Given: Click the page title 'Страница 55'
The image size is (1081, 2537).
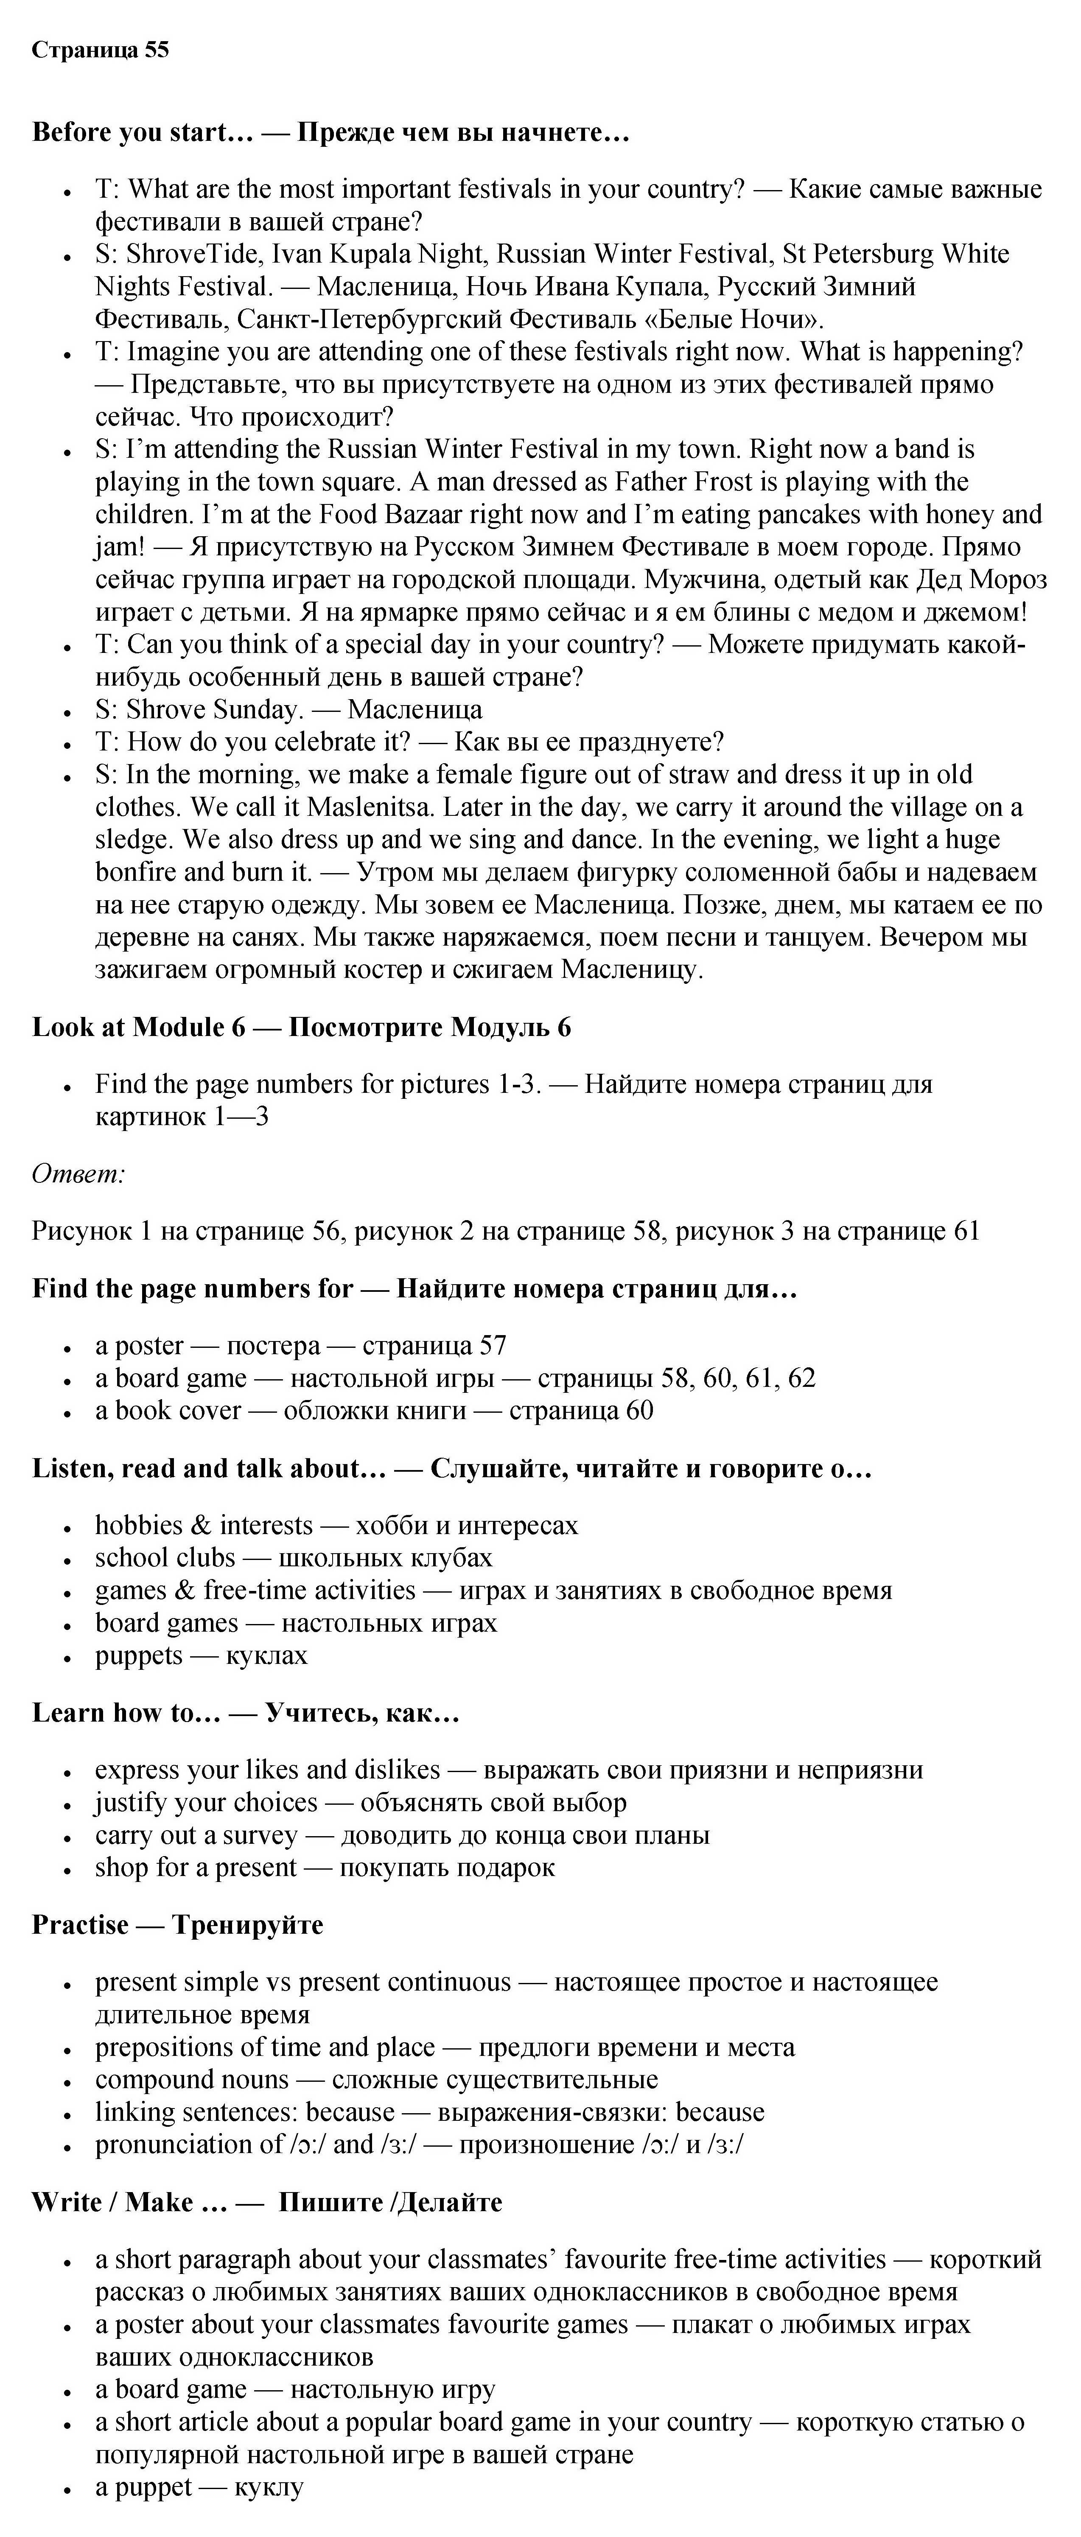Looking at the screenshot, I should [101, 50].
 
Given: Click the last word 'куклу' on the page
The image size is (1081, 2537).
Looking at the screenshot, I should [269, 2487].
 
